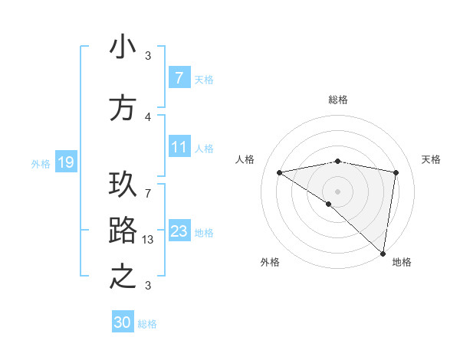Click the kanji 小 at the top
(x=123, y=48)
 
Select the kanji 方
(x=123, y=108)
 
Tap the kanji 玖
(x=123, y=186)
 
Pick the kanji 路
(x=123, y=231)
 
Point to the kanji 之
(x=123, y=276)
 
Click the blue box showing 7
(x=179, y=78)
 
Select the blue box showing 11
(x=179, y=147)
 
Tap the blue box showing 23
(x=179, y=231)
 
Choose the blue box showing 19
(x=65, y=162)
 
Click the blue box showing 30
(x=123, y=323)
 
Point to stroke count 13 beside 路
(x=149, y=239)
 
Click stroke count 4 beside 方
(x=148, y=116)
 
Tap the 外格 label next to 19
(x=41, y=163)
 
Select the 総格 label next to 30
(x=147, y=324)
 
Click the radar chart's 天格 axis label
(x=431, y=159)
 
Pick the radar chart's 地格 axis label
(x=402, y=262)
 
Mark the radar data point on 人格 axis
(x=280, y=172)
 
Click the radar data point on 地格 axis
(x=383, y=253)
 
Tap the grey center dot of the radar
(x=337, y=190)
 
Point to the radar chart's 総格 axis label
(x=338, y=100)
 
